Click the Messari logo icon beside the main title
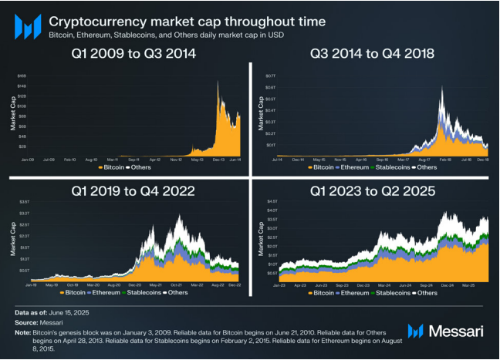(x=27, y=27)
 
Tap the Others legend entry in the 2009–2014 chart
(x=140, y=167)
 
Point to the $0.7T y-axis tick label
(x=271, y=76)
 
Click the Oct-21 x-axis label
(x=177, y=284)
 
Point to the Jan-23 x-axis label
(x=281, y=284)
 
